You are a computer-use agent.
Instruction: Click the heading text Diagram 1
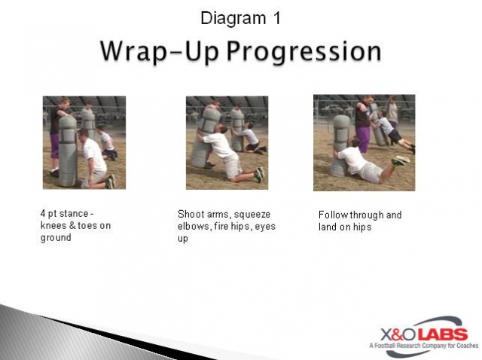(x=240, y=18)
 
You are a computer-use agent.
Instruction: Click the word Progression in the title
(x=306, y=51)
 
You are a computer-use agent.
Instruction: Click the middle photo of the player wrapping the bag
(x=227, y=142)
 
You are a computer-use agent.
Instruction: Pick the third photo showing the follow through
(x=364, y=142)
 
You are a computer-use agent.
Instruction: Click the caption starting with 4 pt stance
(x=75, y=226)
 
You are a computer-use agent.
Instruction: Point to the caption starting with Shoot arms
(x=218, y=226)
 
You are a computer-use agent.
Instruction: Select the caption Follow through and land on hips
(x=360, y=221)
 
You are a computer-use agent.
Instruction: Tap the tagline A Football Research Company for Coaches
(x=423, y=346)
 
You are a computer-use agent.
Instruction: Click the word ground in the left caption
(x=56, y=238)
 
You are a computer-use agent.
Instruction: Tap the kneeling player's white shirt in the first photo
(x=95, y=154)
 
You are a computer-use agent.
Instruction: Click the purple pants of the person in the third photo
(x=363, y=138)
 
